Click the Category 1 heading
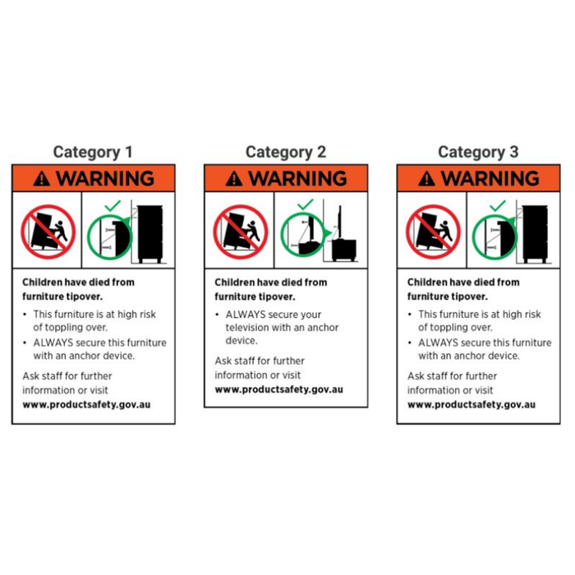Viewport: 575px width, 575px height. [x=93, y=152]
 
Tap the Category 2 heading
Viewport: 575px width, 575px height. [x=286, y=152]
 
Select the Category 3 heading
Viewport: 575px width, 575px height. [x=478, y=152]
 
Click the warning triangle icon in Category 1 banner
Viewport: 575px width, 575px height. [x=42, y=179]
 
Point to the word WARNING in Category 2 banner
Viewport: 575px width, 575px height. [x=297, y=178]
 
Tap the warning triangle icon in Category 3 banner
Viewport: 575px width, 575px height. [x=427, y=179]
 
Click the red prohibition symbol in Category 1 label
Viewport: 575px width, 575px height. [x=48, y=232]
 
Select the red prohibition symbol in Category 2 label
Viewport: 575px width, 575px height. [x=241, y=232]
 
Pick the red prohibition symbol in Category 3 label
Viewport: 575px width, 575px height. [x=433, y=232]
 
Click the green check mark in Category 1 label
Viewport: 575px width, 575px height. [x=113, y=205]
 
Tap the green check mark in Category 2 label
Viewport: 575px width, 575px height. [x=305, y=205]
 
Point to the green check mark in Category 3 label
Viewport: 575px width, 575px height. [x=498, y=205]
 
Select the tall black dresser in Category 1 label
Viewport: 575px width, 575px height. [x=150, y=234]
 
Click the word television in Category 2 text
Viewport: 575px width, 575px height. [x=251, y=328]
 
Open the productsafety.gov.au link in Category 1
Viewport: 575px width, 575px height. [x=86, y=405]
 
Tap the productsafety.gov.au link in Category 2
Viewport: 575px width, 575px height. [x=279, y=389]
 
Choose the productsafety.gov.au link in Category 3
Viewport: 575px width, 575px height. [x=471, y=405]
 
